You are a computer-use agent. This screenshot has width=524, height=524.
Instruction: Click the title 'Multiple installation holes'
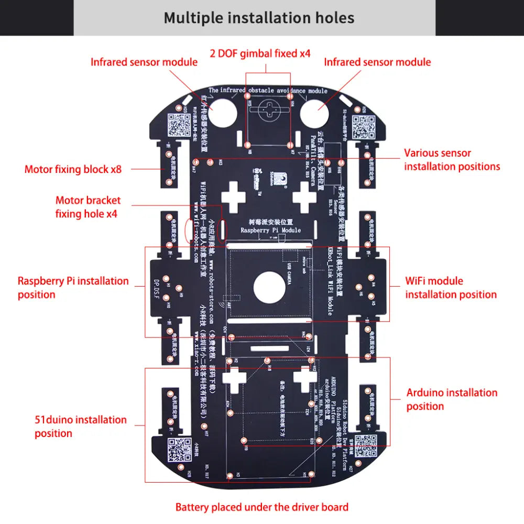pos(259,18)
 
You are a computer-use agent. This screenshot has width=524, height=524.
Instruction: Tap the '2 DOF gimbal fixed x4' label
pos(260,53)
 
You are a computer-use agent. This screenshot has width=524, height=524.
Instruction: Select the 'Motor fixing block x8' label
pos(73,169)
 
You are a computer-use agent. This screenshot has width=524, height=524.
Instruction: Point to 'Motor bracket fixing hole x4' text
pos(88,207)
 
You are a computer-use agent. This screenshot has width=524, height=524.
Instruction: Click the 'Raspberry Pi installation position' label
pos(73,288)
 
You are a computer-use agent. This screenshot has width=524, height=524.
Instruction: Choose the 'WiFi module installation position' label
pos(451,288)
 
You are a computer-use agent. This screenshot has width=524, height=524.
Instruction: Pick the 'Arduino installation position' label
pos(452,399)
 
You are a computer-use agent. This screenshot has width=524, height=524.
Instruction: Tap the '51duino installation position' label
pos(81,427)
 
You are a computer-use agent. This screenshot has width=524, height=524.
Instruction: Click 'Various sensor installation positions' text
pos(452,160)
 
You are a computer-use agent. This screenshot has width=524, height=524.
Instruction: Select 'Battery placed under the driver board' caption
pos(261,507)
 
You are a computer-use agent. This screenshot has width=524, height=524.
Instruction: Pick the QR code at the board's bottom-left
pos(179,450)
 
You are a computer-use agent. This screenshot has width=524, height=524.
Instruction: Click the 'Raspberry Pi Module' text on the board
pos(270,230)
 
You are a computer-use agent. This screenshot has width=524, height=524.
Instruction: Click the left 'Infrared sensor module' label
pos(144,62)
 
